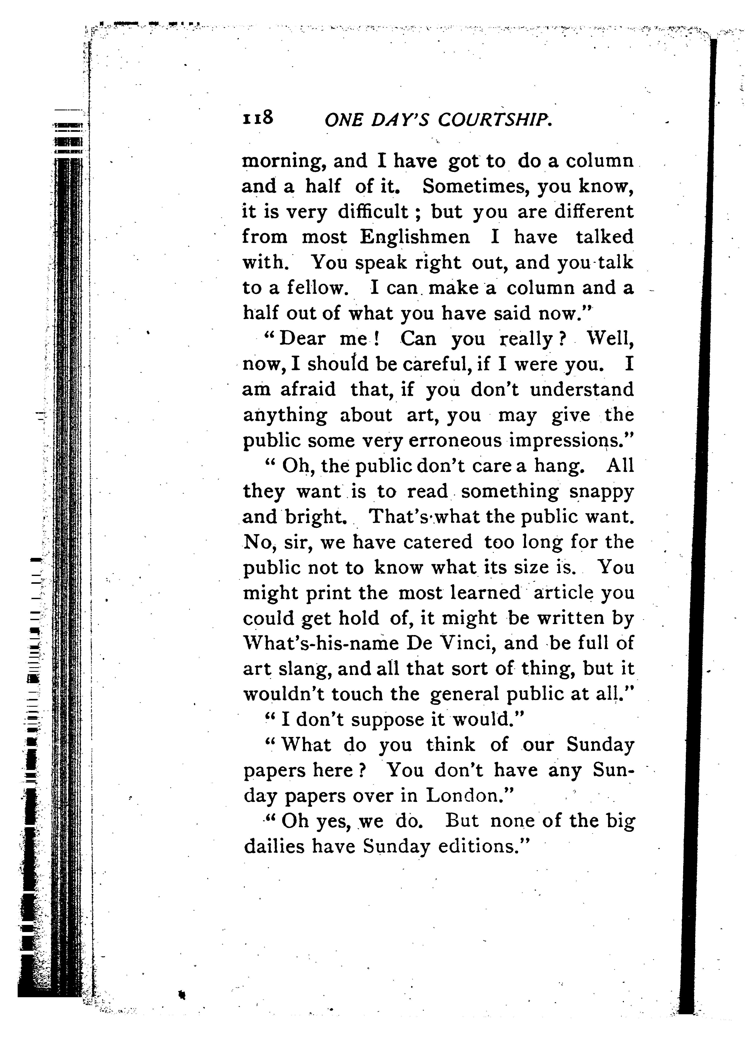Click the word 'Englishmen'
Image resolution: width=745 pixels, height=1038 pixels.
[x=415, y=237]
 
